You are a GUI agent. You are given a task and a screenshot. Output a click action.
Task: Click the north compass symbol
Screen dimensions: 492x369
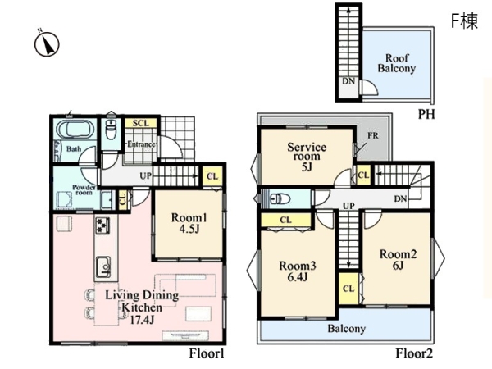coord(47,43)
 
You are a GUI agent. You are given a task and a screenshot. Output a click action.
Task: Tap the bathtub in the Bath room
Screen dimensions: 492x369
coord(75,129)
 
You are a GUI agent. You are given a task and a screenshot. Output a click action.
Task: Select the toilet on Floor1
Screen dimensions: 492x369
coord(111,130)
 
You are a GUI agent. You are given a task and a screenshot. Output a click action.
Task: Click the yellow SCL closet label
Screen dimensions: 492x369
coord(141,123)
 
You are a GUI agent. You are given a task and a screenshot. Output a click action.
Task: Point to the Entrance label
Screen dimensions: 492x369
coord(141,144)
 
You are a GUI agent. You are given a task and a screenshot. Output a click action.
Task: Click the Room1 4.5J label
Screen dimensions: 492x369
coord(189,223)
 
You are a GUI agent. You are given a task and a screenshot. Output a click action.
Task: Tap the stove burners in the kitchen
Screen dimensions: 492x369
coord(102,225)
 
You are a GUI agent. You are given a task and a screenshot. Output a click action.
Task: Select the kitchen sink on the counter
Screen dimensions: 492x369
coord(103,266)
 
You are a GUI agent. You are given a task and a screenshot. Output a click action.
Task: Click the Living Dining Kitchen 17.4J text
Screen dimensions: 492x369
coord(142,307)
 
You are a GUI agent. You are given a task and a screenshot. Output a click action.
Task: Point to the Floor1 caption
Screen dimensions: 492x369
coord(207,353)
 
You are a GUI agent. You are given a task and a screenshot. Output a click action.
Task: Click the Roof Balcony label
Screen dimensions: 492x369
coord(397,63)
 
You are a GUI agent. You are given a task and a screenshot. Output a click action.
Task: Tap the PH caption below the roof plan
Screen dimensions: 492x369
coord(426,115)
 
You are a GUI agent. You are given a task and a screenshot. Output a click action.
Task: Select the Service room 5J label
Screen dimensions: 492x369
coord(307,157)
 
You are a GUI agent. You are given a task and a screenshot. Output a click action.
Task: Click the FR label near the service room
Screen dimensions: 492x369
coord(373,135)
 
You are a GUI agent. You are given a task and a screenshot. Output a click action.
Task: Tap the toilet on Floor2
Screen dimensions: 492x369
coord(280,198)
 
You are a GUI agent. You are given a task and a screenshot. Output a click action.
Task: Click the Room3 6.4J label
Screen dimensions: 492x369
coord(298,271)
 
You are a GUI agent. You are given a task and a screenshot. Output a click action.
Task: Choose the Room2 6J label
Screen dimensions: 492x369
coord(399,259)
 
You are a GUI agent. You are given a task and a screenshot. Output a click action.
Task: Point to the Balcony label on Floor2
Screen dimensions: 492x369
coord(347,329)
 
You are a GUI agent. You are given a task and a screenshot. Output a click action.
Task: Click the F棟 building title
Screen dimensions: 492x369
coord(464,21)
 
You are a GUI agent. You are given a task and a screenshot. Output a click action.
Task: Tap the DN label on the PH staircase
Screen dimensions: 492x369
coord(348,81)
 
